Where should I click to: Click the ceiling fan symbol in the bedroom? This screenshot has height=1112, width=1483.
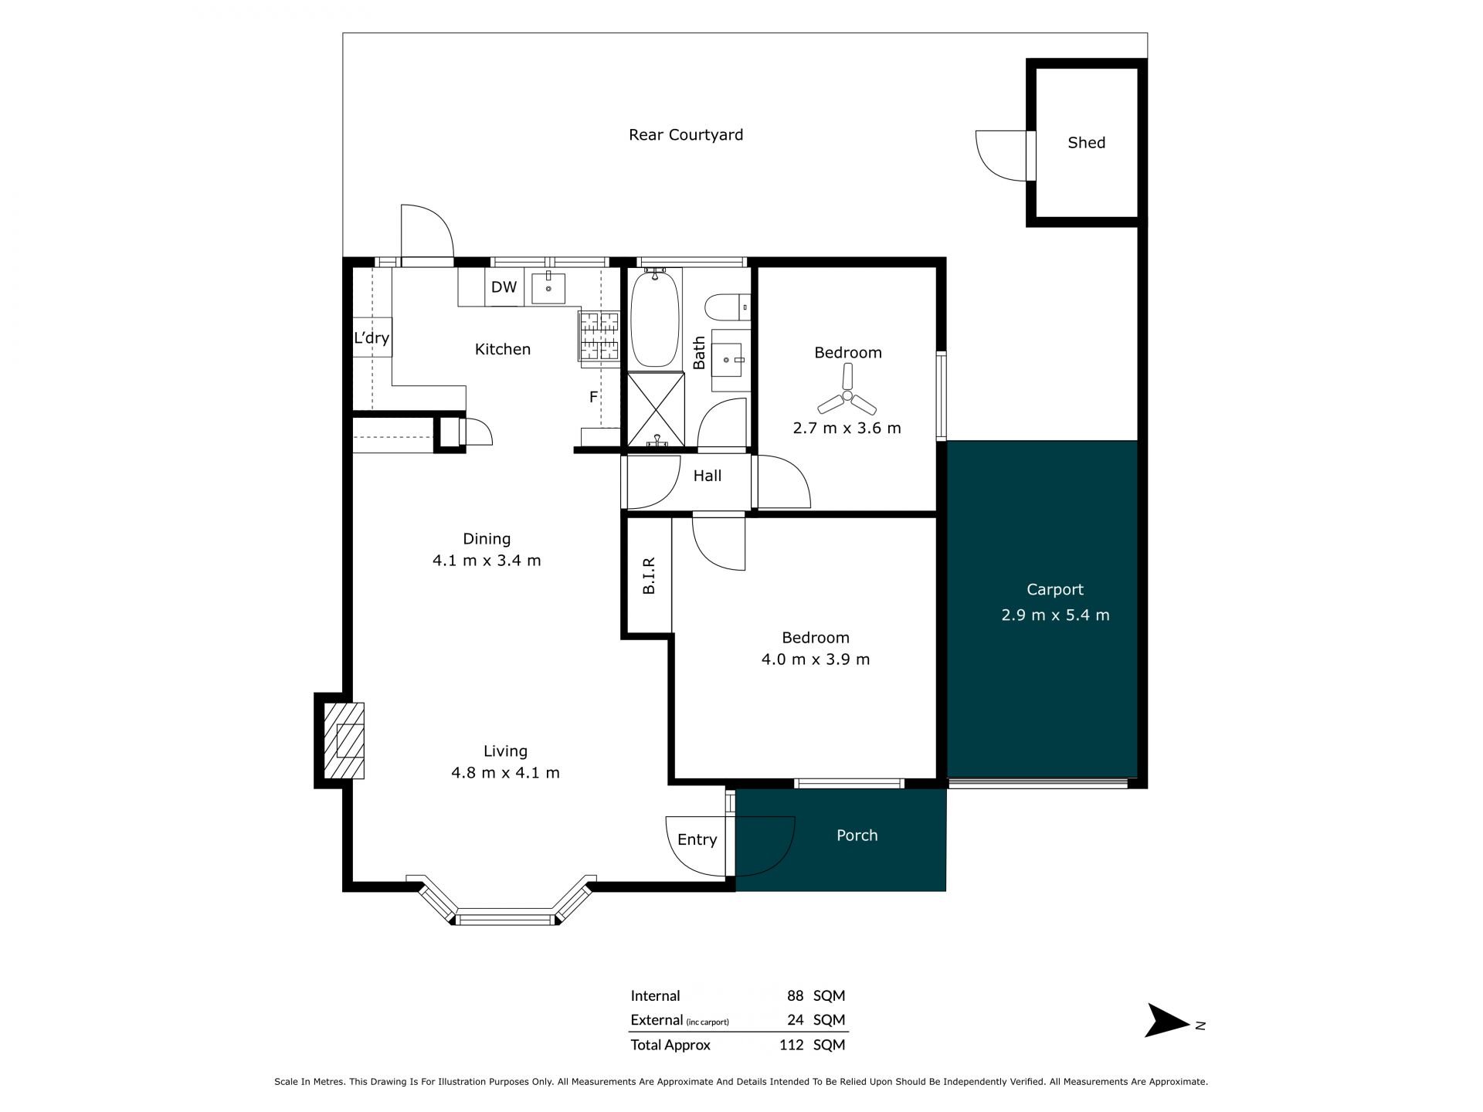tap(847, 395)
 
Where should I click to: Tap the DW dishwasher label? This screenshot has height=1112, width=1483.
tap(504, 287)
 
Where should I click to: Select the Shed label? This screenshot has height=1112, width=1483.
tap(1086, 143)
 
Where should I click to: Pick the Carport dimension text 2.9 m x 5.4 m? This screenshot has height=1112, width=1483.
tap(1055, 615)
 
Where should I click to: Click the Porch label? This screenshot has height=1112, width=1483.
tap(857, 836)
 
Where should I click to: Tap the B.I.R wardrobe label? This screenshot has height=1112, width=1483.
tap(649, 575)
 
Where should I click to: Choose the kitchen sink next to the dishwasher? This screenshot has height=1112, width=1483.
tap(548, 288)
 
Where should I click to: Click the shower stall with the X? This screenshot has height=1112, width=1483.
tap(656, 409)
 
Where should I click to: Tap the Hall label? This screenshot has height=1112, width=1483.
tap(707, 476)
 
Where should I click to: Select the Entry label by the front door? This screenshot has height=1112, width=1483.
tap(697, 840)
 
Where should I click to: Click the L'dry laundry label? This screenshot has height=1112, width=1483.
tap(372, 338)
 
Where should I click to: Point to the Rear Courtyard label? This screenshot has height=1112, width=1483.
tap(686, 135)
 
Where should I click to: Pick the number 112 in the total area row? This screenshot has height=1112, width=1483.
tap(792, 1045)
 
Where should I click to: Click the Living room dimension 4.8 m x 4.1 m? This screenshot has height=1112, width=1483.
tap(505, 772)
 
